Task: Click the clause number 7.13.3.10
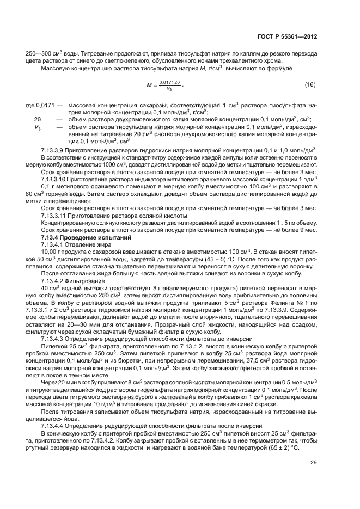click(x=57, y=177)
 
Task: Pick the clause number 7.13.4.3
click(x=54, y=338)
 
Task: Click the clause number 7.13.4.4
click(x=54, y=425)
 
